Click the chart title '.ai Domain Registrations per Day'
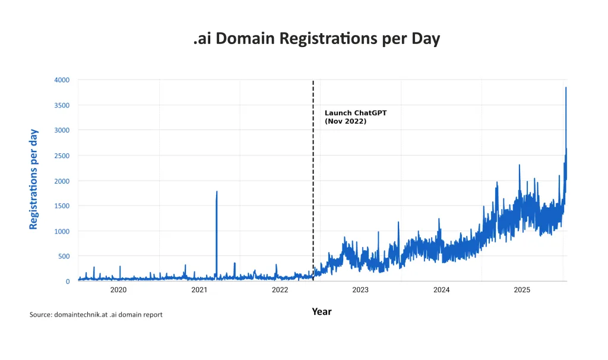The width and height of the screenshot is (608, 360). pos(316,39)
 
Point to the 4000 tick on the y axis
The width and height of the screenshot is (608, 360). pos(62,80)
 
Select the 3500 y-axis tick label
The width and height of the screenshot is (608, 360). pos(62,105)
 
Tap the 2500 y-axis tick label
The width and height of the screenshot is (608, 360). pos(62,156)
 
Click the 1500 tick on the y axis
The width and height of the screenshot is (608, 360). pos(62,206)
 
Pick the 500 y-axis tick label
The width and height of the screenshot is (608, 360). pos(64,257)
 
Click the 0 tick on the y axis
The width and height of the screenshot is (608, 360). pos(67,282)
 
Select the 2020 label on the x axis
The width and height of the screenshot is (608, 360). pos(118,290)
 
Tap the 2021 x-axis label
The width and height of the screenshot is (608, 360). pos(199,290)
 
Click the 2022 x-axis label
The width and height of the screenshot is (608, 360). pos(280,290)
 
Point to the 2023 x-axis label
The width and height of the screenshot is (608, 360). pos(360,290)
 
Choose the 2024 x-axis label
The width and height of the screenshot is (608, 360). pos(441,290)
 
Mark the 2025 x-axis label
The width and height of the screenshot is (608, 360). pos(522,290)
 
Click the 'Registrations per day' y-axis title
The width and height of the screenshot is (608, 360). pos(34,179)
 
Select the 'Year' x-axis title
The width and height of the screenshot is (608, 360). pos(322,311)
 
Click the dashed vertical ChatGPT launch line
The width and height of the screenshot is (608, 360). pos(313,178)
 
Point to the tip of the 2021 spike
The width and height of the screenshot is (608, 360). pos(217,192)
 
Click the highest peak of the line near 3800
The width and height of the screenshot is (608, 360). pos(566,88)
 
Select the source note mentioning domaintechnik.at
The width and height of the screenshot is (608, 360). pos(96,314)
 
